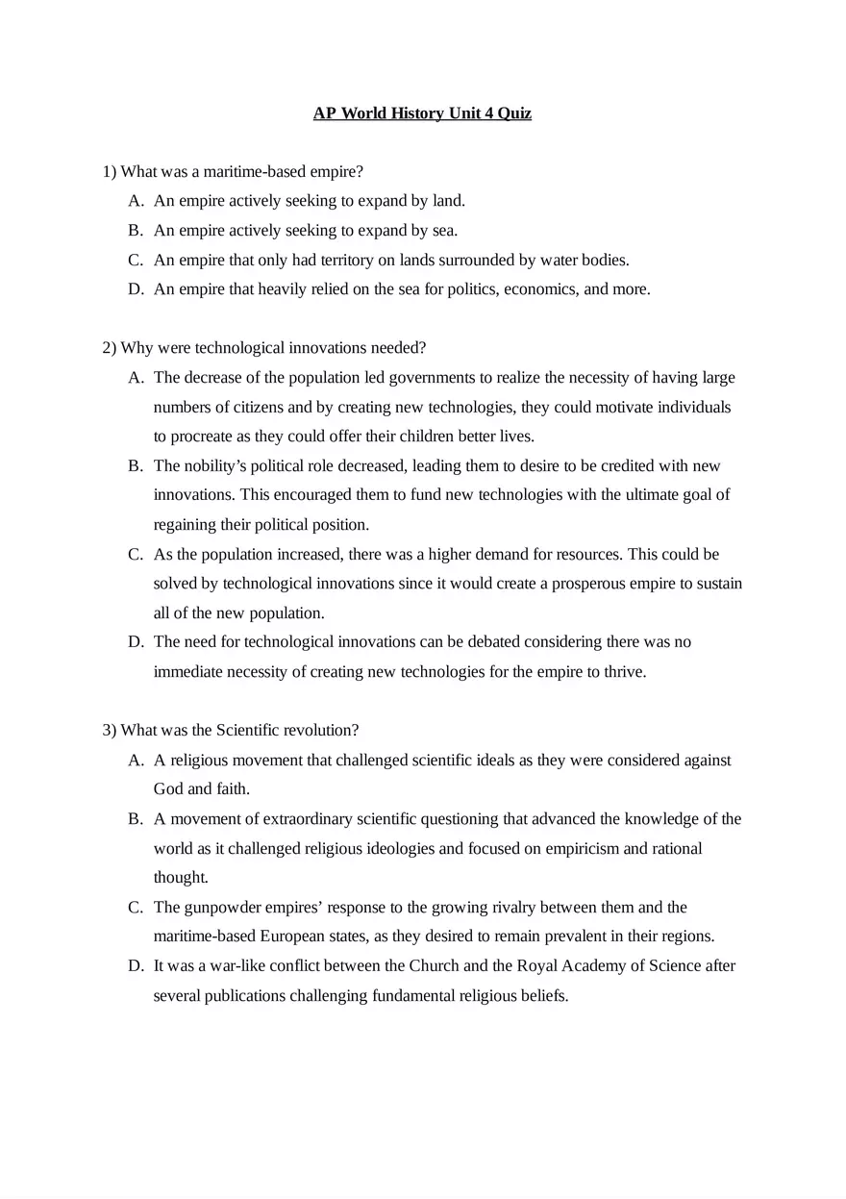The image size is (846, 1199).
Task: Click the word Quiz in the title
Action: coord(514,113)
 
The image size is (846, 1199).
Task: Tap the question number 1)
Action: coord(110,171)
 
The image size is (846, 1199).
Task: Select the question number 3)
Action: coord(110,730)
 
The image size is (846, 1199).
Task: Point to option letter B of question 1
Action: coord(135,230)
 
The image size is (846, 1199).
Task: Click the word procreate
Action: coord(201,436)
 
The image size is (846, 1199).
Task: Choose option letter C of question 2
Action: coord(135,554)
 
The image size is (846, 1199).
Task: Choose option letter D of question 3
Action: coord(135,965)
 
